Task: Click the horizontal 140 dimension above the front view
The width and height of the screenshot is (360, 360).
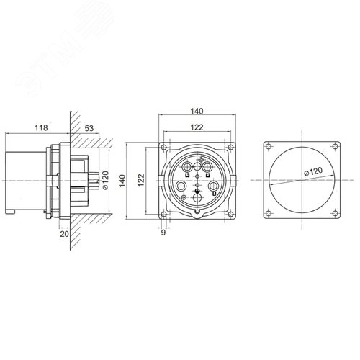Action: (x=196, y=112)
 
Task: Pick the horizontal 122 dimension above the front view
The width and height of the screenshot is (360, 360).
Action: (x=196, y=127)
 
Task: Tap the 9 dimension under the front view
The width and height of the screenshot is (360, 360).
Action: (x=164, y=232)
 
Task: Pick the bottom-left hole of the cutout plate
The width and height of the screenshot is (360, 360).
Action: (x=268, y=213)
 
